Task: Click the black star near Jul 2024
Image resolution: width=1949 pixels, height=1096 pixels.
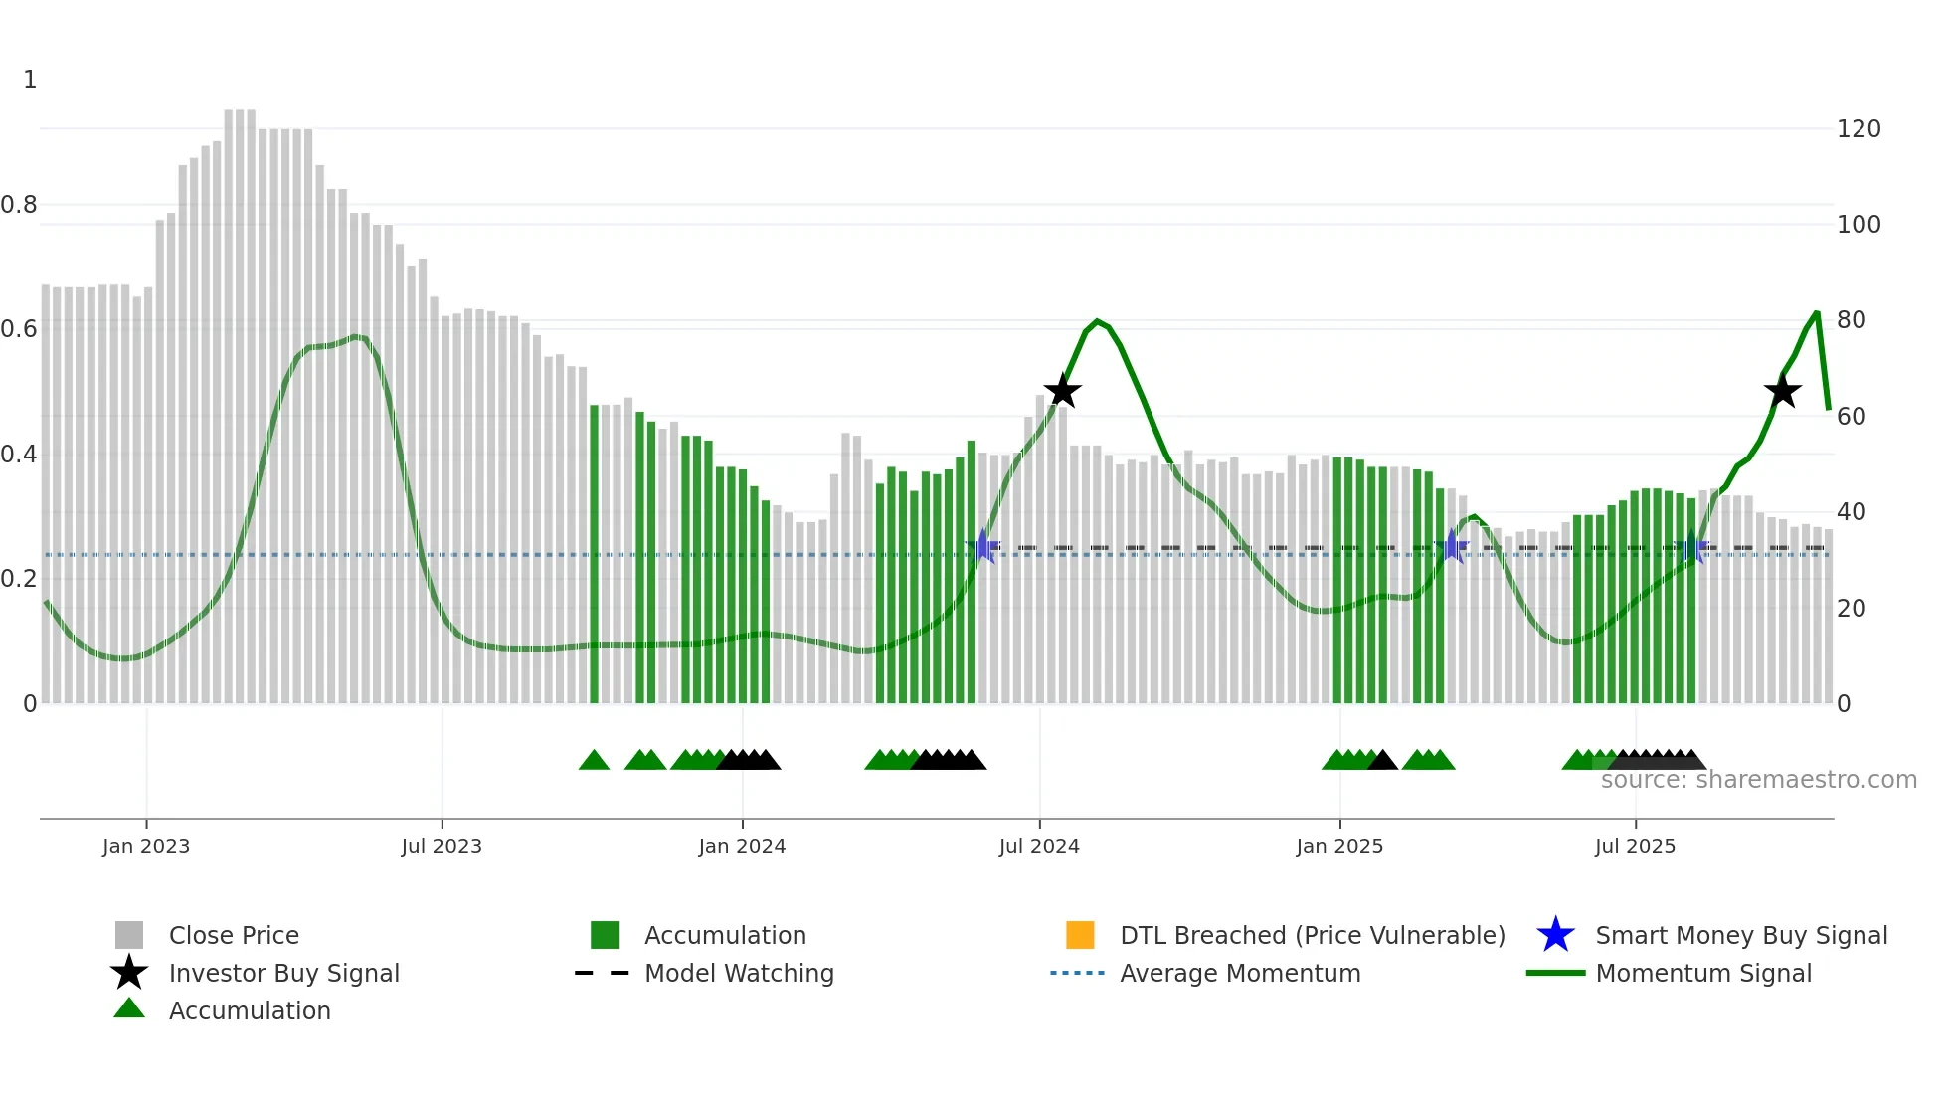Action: [x=1062, y=391]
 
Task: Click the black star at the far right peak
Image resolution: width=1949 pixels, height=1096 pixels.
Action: [x=1782, y=391]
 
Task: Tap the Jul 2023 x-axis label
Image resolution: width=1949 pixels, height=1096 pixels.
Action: [x=442, y=846]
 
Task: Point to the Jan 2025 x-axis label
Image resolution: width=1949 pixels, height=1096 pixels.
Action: [x=1339, y=846]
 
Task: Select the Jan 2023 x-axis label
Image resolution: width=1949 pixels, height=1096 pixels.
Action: [x=146, y=846]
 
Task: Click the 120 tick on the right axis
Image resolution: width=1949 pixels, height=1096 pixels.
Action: [x=1859, y=129]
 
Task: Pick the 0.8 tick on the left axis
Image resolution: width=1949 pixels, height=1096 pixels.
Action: [x=19, y=205]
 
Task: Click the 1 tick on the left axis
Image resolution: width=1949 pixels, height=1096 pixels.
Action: [x=30, y=80]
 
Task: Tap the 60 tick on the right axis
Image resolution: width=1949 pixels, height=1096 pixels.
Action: [x=1852, y=416]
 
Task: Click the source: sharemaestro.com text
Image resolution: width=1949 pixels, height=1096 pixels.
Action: [x=1758, y=780]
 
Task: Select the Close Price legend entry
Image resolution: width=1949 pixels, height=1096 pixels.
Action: [x=233, y=935]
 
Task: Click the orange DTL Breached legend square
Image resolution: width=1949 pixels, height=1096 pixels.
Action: [x=1080, y=935]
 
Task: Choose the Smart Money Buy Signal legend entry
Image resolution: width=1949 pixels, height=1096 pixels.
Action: [x=1740, y=935]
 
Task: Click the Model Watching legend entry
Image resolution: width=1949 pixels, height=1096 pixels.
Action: [x=738, y=973]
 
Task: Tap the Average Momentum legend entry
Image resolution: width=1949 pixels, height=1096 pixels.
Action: [x=1239, y=973]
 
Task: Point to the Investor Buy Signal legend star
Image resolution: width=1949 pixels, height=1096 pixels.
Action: [x=129, y=973]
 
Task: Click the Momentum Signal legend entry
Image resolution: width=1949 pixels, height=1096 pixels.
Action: [x=1702, y=973]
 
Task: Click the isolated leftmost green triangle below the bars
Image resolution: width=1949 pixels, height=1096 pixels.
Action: [x=594, y=761]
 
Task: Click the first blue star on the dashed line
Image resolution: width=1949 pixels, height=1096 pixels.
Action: [x=983, y=546]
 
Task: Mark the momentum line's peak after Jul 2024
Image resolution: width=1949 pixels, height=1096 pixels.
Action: [x=1097, y=321]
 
